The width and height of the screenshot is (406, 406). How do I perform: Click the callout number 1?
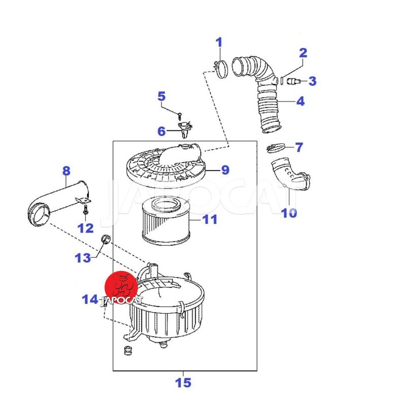219,42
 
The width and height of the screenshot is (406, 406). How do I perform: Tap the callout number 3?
312,81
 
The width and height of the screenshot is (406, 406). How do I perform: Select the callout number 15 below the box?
183,382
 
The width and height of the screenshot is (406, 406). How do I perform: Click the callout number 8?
66,171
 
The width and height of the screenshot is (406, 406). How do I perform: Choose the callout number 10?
289,213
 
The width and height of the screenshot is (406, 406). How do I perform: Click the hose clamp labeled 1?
220,69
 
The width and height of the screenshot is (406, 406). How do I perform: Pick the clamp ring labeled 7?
275,148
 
